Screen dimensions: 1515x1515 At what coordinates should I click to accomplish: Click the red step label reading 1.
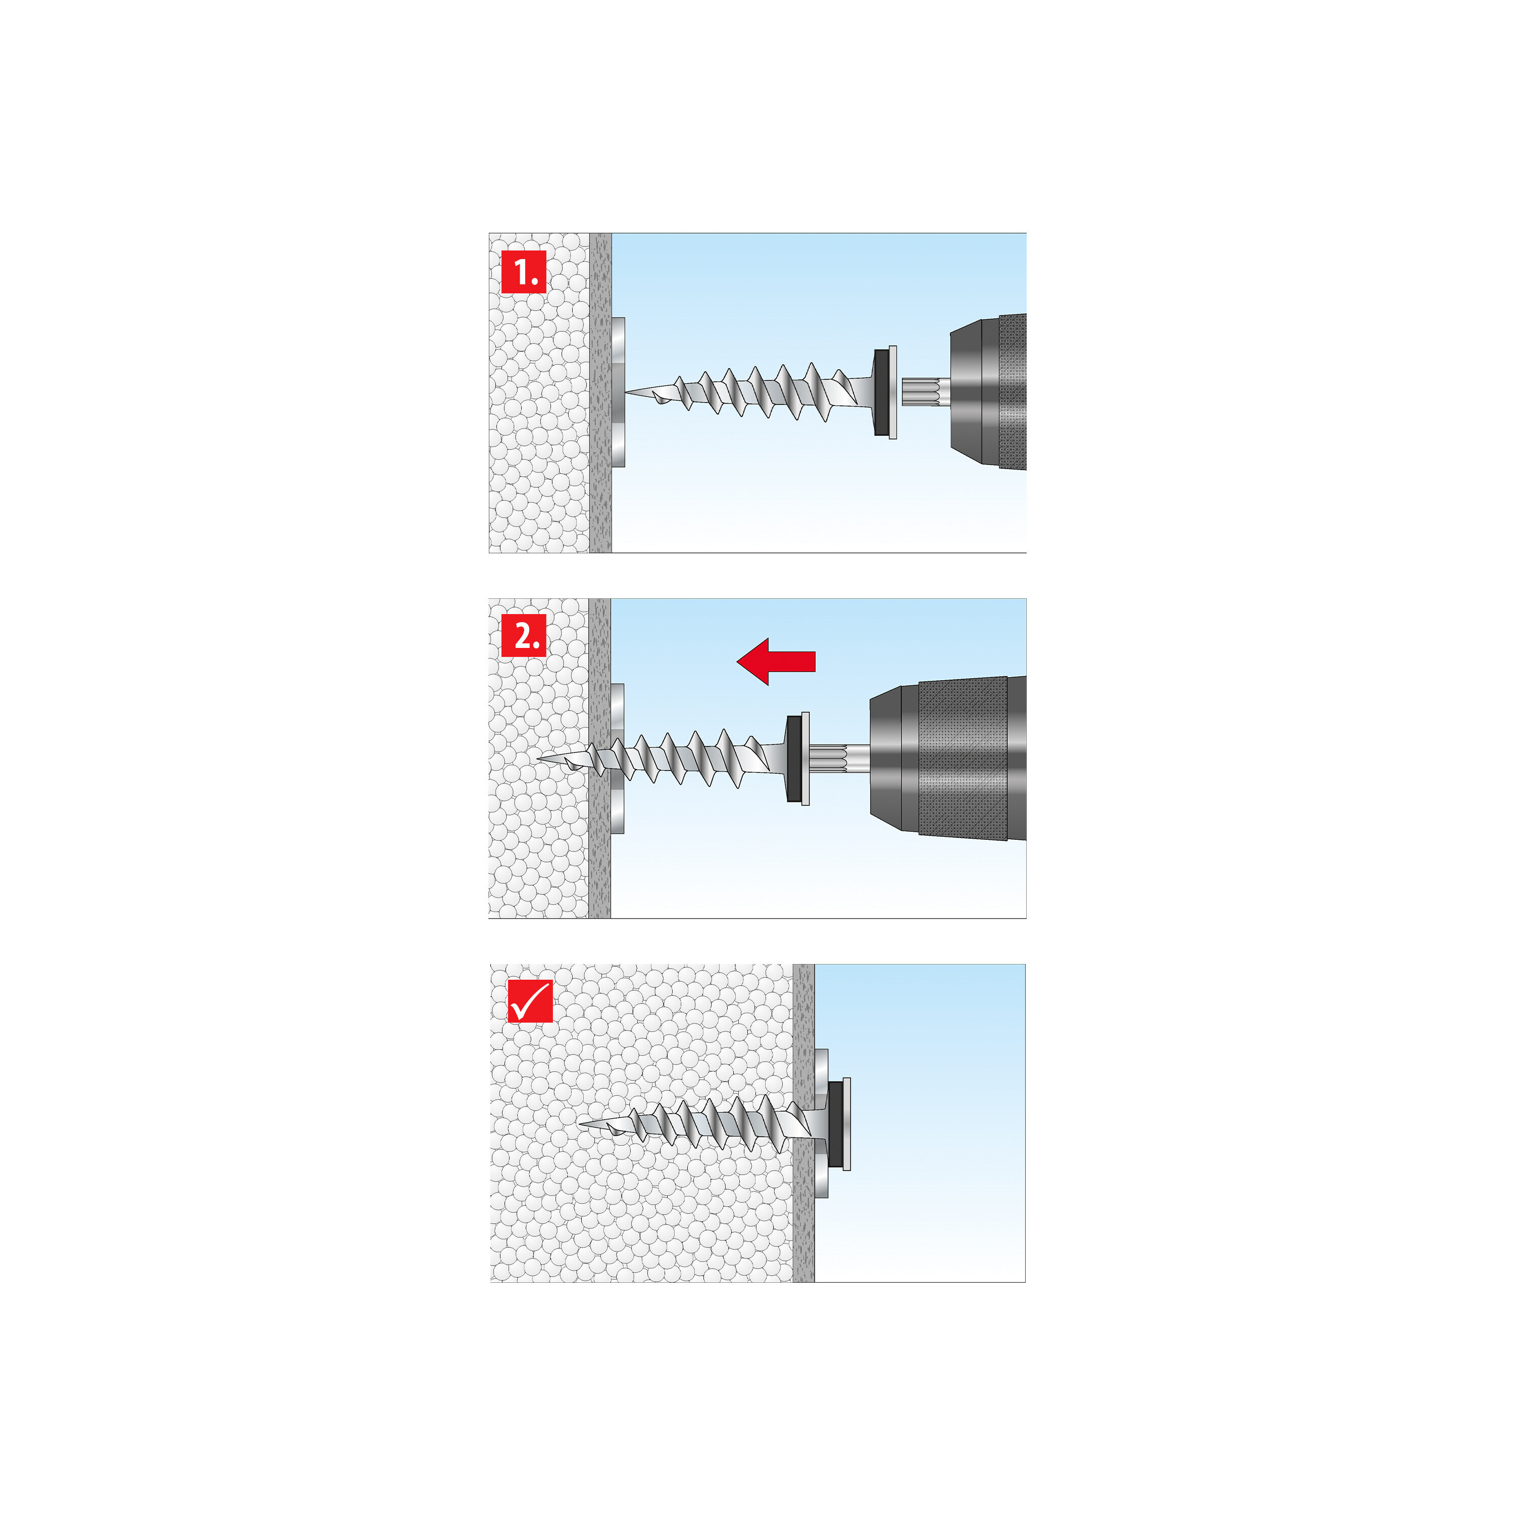[x=523, y=272]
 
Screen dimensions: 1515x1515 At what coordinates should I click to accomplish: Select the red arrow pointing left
[x=776, y=661]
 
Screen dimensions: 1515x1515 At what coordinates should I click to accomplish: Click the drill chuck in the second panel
[x=949, y=759]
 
